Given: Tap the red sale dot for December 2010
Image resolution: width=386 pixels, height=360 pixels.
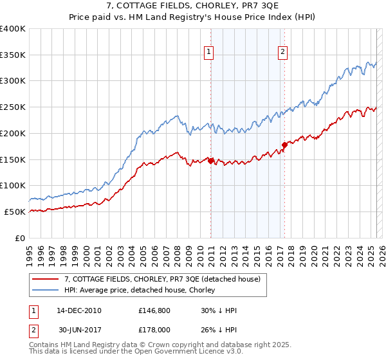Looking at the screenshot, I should [x=210, y=161].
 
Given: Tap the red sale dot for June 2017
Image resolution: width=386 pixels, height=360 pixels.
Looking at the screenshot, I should [x=284, y=145].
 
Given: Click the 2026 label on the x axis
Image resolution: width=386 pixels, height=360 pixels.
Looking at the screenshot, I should [x=381, y=251].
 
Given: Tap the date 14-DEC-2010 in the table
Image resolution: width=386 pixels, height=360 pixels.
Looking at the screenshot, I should [x=78, y=310].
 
